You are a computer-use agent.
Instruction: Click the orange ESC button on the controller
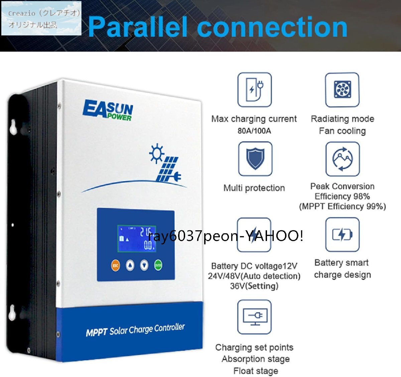[x=115, y=266]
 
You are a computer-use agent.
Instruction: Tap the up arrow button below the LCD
[x=130, y=266]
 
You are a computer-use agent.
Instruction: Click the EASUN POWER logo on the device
[x=108, y=110]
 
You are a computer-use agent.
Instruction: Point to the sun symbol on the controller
[x=156, y=153]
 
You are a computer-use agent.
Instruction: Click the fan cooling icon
[x=342, y=90]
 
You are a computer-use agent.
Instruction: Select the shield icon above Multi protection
[x=255, y=159]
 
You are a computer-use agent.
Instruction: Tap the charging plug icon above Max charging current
[x=254, y=90]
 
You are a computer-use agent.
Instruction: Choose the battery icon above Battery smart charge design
[x=342, y=234]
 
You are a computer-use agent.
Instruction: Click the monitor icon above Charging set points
[x=254, y=317]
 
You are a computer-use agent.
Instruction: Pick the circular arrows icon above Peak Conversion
[x=343, y=159]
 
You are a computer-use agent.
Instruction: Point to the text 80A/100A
[x=254, y=131]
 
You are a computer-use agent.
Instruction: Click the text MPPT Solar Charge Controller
[x=135, y=330]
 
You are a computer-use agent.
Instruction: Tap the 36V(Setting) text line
[x=254, y=286]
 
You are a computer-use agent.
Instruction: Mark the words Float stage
[x=256, y=371]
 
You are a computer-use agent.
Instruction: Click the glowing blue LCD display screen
[x=136, y=238]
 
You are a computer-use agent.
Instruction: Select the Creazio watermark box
[x=41, y=18]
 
